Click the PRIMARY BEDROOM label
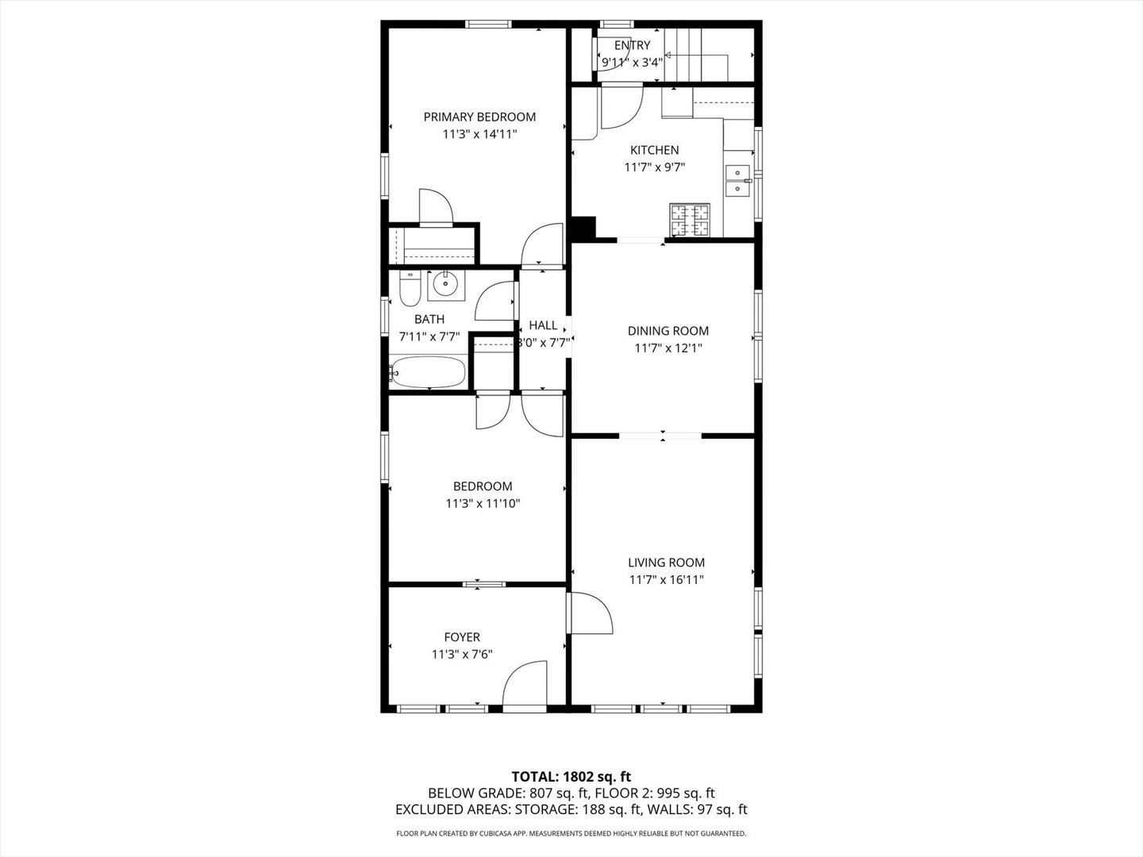click(479, 117)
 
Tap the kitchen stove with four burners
click(690, 220)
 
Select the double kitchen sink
click(738, 180)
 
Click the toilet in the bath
click(410, 290)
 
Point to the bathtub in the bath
click(429, 372)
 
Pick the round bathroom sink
click(445, 284)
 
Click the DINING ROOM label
click(668, 331)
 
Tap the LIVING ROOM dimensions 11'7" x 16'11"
click(667, 580)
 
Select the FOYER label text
click(462, 637)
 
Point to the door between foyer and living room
click(591, 613)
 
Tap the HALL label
click(543, 325)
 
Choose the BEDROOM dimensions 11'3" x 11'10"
click(483, 503)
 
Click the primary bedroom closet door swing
click(435, 207)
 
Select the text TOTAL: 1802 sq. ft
click(571, 776)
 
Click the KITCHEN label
click(654, 150)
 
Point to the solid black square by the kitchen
click(583, 228)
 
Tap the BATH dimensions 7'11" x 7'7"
click(429, 336)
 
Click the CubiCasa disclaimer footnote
click(571, 834)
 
